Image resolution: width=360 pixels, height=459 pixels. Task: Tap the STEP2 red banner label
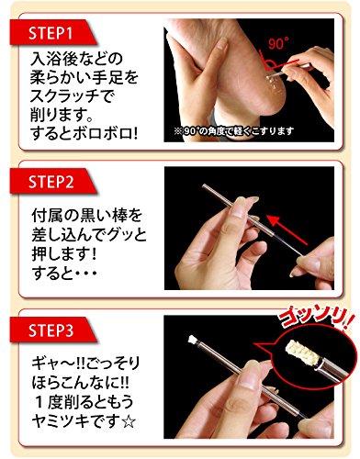[51, 182]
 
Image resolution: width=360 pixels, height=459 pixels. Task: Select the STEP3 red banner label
[51, 330]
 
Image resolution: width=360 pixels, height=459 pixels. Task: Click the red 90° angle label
[278, 44]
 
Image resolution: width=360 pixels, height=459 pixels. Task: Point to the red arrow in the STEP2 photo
[287, 230]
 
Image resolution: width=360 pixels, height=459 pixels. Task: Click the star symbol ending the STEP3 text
[129, 422]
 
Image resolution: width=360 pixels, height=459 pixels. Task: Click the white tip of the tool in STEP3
[192, 340]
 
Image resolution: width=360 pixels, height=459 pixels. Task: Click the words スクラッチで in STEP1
[73, 96]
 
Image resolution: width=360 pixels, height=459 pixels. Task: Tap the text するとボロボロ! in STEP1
[84, 134]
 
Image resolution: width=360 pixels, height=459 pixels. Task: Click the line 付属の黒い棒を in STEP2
[87, 216]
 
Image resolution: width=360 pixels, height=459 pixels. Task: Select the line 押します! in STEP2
[64, 254]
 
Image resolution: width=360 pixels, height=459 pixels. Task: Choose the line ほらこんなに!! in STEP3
[80, 384]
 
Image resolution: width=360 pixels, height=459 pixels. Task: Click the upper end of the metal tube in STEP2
[205, 185]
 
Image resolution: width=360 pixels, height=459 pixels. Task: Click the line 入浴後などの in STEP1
[76, 59]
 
